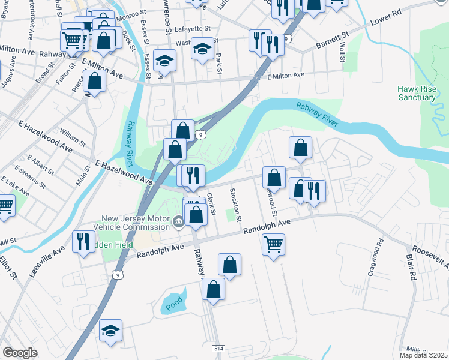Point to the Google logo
(x=20, y=353)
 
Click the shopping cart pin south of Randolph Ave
(x=273, y=244)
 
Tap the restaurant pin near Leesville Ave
(x=83, y=241)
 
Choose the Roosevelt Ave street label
(x=429, y=256)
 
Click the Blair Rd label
(x=411, y=267)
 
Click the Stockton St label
(x=236, y=203)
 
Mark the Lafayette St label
(x=192, y=28)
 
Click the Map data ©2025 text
(x=424, y=355)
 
